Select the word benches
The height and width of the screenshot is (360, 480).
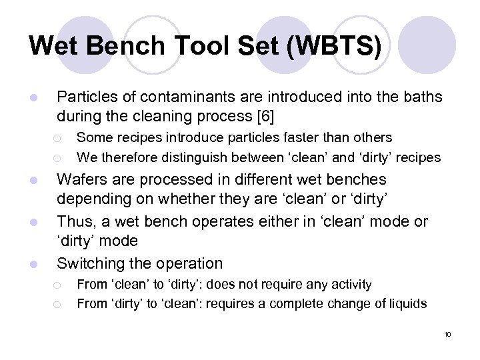[x=356, y=179]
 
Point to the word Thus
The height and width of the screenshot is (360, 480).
[x=73, y=221]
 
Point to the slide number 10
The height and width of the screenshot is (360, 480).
[x=447, y=334]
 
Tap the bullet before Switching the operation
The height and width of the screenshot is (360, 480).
[x=33, y=264]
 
